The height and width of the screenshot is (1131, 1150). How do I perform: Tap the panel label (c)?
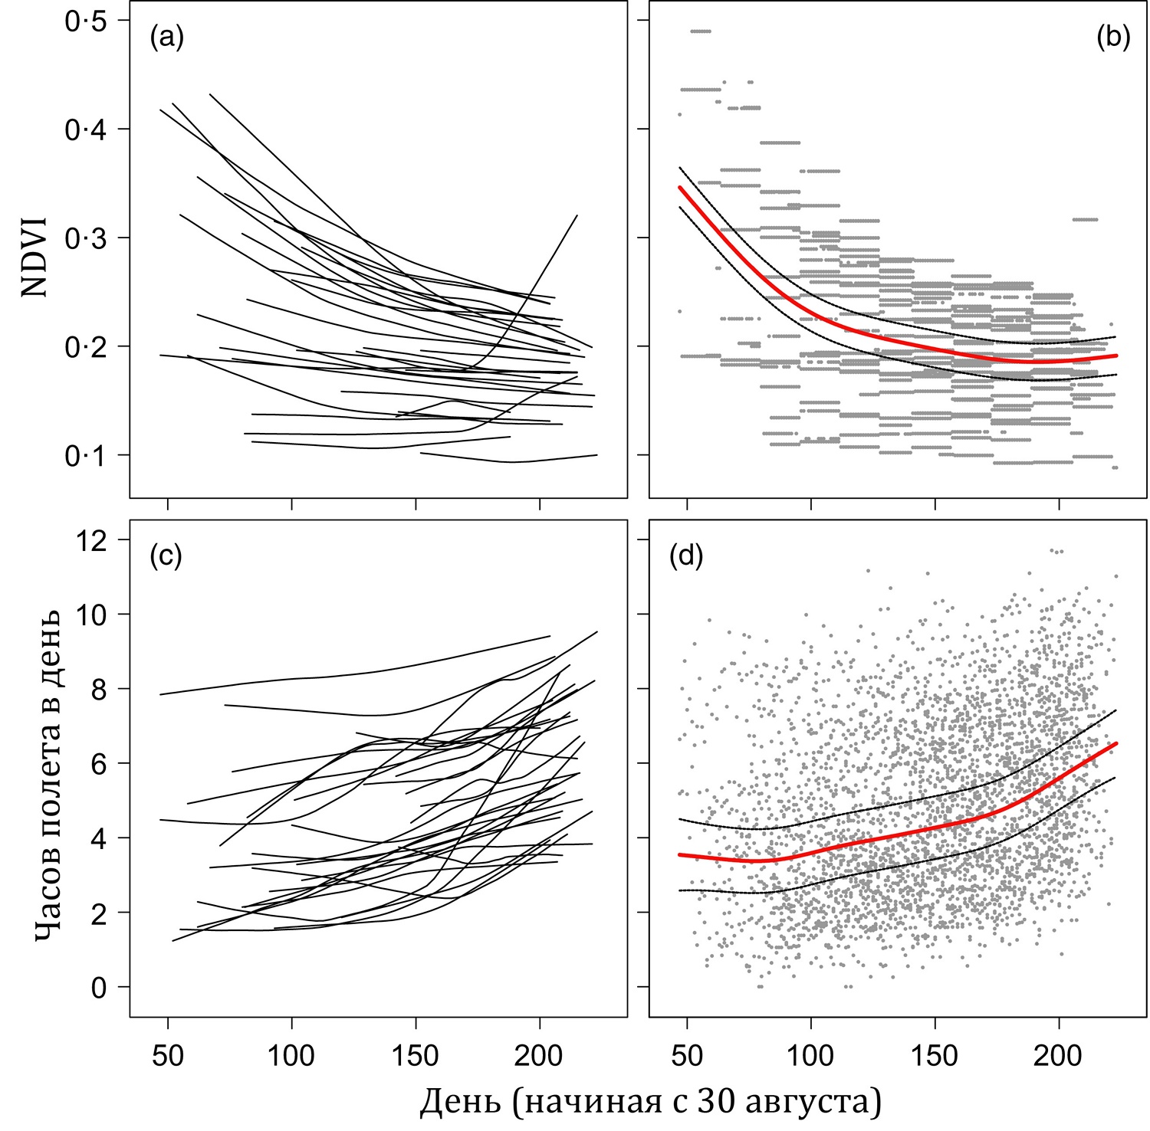tap(166, 556)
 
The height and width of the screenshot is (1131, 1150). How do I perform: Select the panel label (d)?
tap(686, 556)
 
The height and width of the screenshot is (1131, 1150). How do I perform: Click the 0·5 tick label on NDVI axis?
tap(86, 21)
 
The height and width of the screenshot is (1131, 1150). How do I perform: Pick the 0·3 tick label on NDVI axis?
tap(86, 238)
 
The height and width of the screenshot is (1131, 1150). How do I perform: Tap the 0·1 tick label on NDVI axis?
tap(86, 456)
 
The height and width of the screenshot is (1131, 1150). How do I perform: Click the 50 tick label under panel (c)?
tap(168, 1056)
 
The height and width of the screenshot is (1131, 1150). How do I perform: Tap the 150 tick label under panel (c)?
tap(416, 1056)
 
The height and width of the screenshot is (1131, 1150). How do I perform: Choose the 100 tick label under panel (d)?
tap(811, 1056)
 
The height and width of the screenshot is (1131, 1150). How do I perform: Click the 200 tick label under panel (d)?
tap(1059, 1056)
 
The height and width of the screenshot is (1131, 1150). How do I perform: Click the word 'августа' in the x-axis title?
tap(813, 1103)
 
